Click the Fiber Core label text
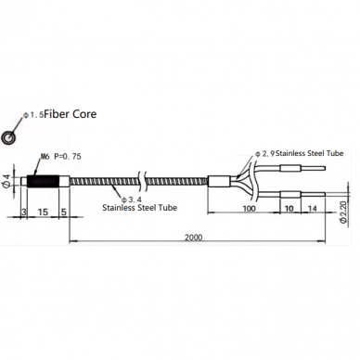coord(71,114)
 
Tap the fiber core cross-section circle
coord(8,136)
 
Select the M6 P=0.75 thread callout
coord(61,157)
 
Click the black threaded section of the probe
coord(43,182)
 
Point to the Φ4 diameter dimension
coord(6,181)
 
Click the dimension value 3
coord(24,212)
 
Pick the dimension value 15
coord(43,212)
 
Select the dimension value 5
coord(64,212)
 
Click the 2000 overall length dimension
coord(194,238)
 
